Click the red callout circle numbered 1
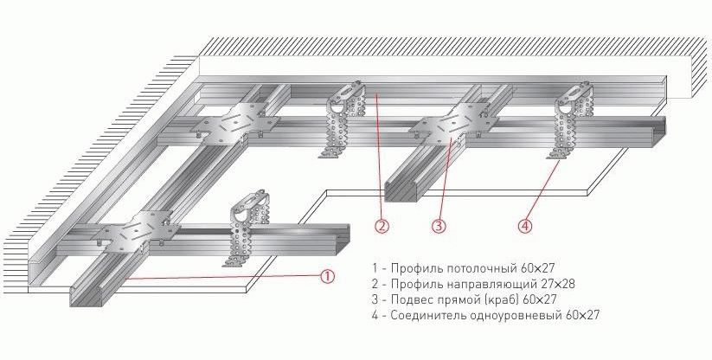(327, 276)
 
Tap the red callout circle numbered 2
(382, 227)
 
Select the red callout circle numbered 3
(439, 227)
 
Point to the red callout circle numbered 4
(524, 227)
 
